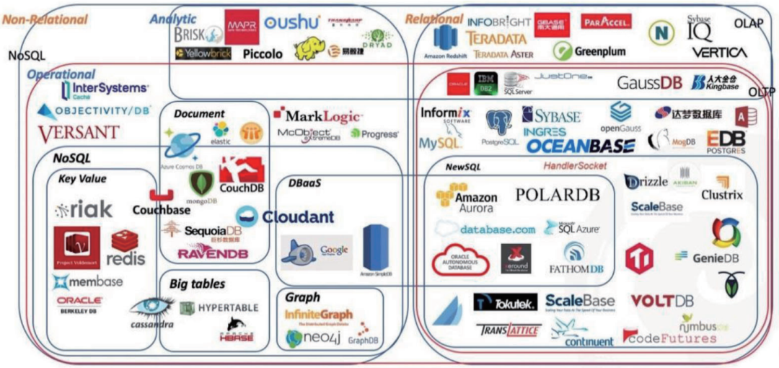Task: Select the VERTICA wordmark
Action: pos(719,53)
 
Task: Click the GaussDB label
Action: pos(649,83)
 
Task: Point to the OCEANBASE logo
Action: pos(580,146)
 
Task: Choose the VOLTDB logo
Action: pos(662,301)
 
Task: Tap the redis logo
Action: pos(126,249)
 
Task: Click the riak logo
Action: pos(84,210)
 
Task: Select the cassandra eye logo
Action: pos(152,312)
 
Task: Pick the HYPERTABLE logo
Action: pos(219,307)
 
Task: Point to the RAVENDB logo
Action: pos(213,253)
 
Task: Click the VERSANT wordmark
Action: pos(79,133)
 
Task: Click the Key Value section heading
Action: pos(82,179)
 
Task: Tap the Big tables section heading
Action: pos(198,284)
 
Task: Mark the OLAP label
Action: pos(748,23)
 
